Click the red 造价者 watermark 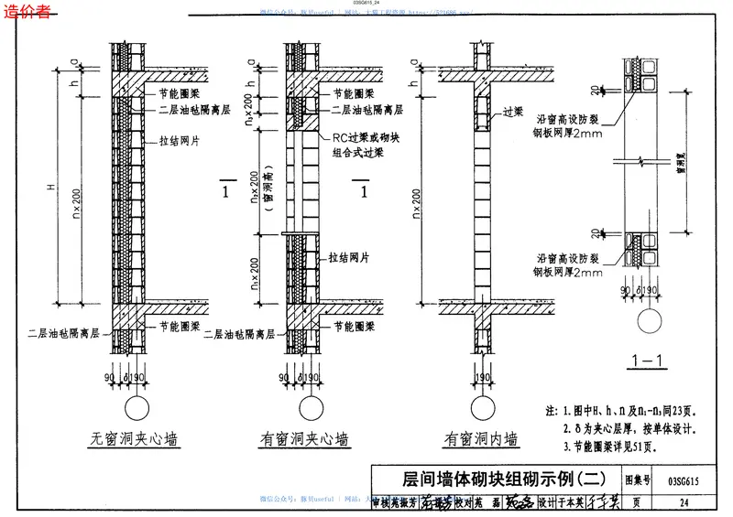tap(28, 12)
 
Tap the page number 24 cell tap(684, 501)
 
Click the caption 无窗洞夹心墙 tap(133, 438)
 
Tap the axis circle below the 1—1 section tap(649, 321)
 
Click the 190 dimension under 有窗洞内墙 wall tap(479, 378)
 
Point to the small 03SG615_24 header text tap(366, 5)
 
